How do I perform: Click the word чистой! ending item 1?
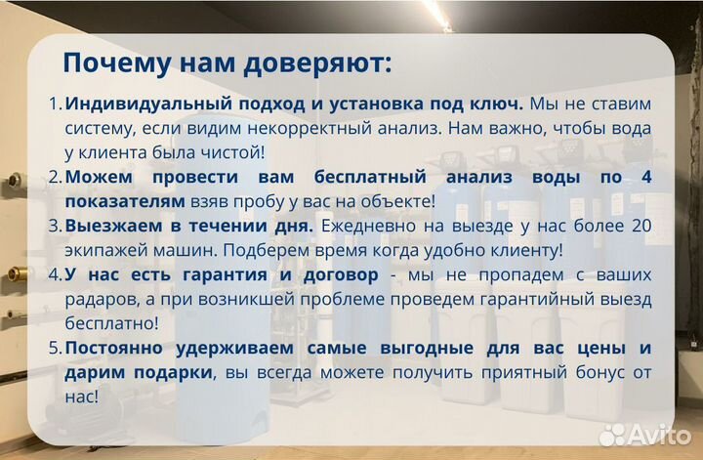(233, 151)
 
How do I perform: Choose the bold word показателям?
(125, 200)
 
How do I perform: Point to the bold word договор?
(341, 274)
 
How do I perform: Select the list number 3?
(55, 226)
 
